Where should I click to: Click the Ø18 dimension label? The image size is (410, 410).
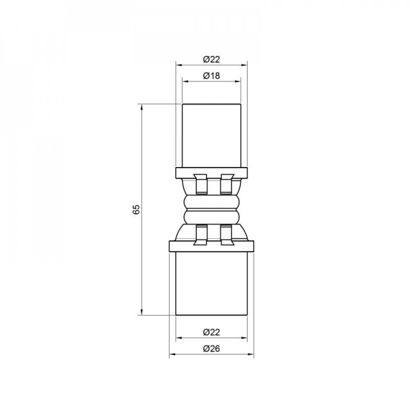[212, 76]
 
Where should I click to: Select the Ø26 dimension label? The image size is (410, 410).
[212, 349]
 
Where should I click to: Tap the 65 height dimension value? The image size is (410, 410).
[137, 209]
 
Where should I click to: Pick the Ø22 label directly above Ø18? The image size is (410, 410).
[212, 59]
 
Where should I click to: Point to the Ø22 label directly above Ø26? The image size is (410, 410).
[212, 332]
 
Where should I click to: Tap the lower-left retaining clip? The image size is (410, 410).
[200, 235]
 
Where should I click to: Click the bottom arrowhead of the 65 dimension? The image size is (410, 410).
[142, 312]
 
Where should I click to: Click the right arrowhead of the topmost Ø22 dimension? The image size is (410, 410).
[245, 65]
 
